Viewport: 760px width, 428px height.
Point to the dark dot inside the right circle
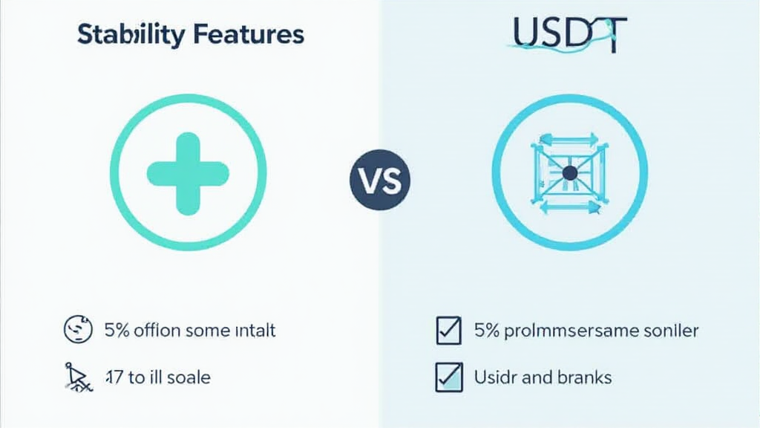570,173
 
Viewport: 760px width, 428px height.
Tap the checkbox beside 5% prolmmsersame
448,331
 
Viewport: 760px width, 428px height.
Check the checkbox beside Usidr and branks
448,377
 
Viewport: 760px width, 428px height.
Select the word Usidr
495,377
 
